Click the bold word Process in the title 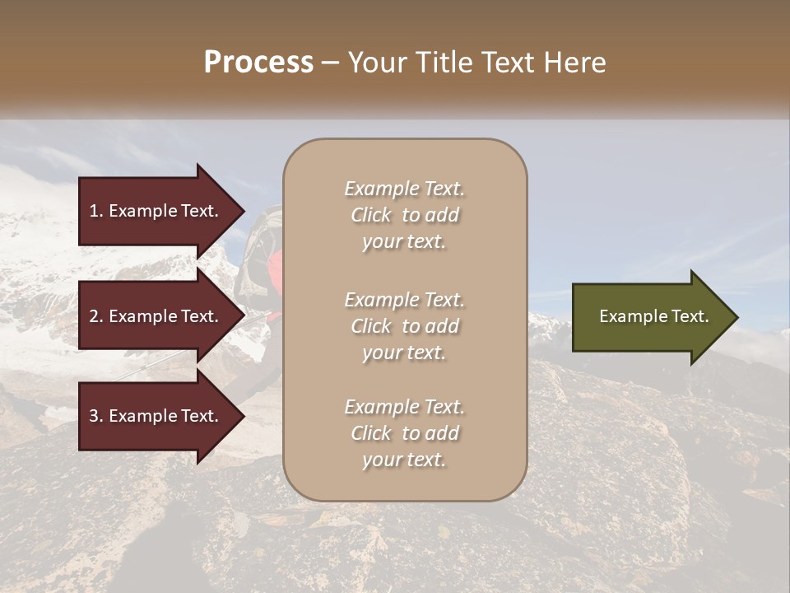[258, 63]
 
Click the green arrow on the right [650, 317]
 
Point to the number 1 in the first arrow [94, 211]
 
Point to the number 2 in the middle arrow [94, 316]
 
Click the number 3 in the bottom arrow [94, 416]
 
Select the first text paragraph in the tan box [404, 215]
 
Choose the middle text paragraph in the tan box [404, 325]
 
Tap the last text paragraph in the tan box [404, 433]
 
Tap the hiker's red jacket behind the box [276, 272]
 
